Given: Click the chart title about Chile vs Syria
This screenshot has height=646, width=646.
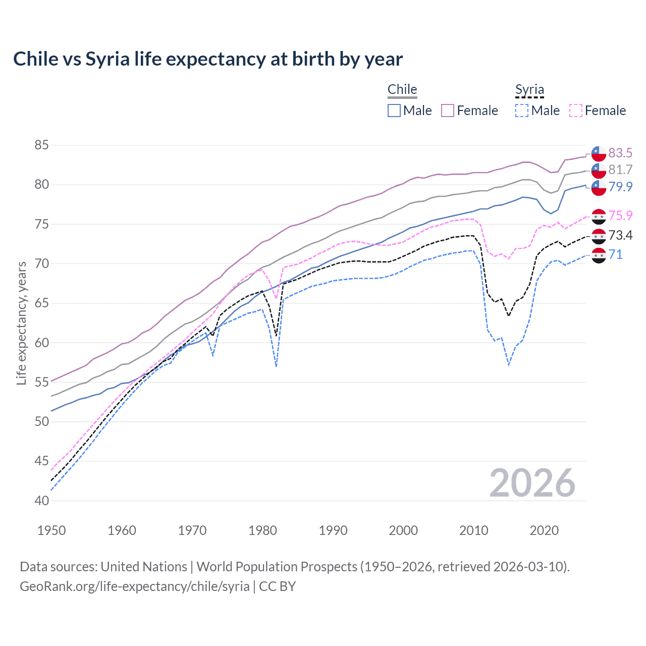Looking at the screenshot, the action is click(208, 59).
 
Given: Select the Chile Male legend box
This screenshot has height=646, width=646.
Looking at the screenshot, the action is click(394, 111).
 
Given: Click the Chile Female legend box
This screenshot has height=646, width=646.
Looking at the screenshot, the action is click(448, 111).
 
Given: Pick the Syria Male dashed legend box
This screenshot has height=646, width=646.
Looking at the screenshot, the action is click(522, 111).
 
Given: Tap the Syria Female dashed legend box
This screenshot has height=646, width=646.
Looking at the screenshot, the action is click(576, 111).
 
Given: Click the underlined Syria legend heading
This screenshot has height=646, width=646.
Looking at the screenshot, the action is click(529, 90).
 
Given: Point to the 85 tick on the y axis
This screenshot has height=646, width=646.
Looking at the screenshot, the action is click(41, 145).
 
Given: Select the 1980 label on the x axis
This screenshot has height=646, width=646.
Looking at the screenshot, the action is click(262, 530).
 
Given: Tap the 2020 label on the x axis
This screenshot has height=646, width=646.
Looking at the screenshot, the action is click(544, 530).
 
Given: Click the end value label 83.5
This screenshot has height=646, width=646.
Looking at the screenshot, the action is click(620, 153).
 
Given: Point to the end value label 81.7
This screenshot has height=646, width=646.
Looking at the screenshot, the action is click(620, 170).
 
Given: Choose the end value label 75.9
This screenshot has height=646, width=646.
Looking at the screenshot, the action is click(620, 216).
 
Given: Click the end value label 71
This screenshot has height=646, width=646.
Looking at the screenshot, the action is click(616, 254).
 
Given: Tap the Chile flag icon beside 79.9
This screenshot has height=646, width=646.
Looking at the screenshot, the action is click(599, 187).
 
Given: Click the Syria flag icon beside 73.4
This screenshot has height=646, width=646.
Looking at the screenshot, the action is click(599, 236).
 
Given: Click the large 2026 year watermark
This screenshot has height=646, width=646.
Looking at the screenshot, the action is click(532, 483).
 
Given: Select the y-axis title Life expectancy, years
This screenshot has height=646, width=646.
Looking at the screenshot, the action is click(21, 323).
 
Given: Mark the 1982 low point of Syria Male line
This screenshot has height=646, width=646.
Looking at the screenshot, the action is click(276, 366).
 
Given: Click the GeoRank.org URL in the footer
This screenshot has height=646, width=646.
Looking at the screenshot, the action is click(135, 586).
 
